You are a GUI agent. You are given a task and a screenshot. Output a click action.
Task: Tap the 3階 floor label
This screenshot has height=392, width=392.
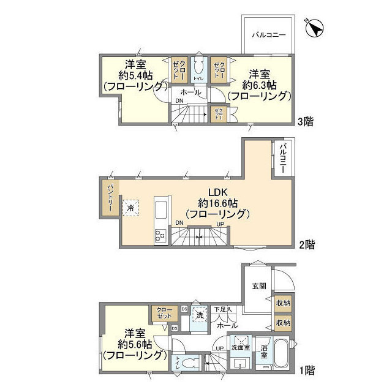[x=305, y=121]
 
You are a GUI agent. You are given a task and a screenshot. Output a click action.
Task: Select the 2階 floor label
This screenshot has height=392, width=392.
[x=307, y=244]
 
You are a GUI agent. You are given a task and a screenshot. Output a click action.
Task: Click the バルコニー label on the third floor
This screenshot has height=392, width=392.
[x=269, y=35]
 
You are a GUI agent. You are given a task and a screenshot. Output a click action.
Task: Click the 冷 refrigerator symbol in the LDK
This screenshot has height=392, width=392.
[x=130, y=208]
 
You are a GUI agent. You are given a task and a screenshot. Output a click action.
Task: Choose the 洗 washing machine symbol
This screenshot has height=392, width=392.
[x=198, y=315]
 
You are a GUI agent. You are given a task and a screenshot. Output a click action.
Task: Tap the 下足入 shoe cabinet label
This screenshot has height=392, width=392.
[x=222, y=309]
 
